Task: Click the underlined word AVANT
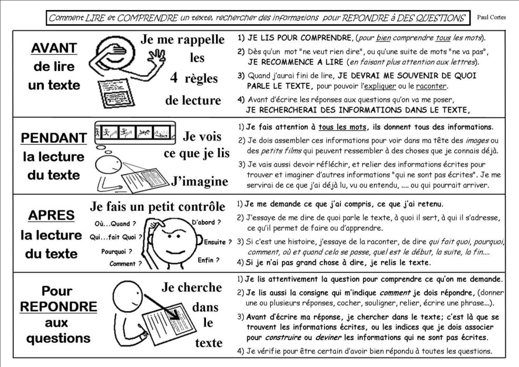tap(54, 48)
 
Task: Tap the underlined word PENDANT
tap(54, 138)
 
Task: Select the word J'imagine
tap(200, 182)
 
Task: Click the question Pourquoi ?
tap(116, 252)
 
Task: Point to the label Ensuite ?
tap(218, 243)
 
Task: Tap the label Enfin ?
tap(208, 260)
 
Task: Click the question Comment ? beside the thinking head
tap(125, 264)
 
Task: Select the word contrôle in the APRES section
tap(199, 206)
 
